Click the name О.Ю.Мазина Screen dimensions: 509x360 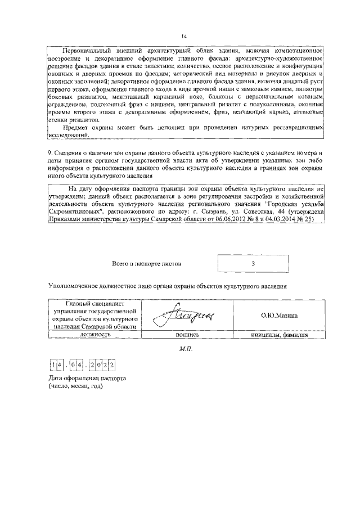point(279,316)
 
